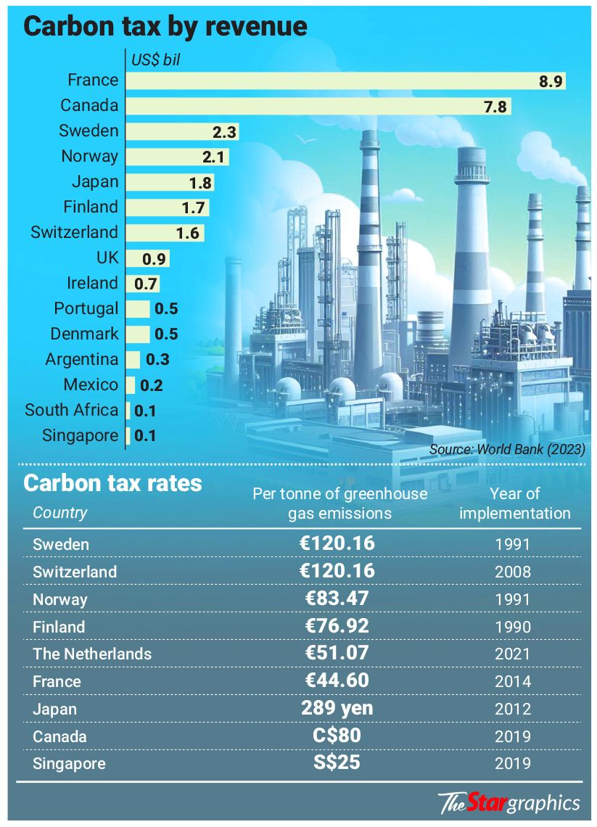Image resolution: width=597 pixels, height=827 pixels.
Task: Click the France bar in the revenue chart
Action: pyautogui.click(x=345, y=81)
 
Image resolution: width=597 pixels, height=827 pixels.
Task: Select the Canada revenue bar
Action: pyautogui.click(x=318, y=106)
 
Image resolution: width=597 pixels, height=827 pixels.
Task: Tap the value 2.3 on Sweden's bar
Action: pyautogui.click(x=224, y=132)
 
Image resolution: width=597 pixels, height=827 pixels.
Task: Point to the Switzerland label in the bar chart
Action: pyautogui.click(x=75, y=233)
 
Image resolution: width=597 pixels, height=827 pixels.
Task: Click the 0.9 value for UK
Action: pyautogui.click(x=154, y=258)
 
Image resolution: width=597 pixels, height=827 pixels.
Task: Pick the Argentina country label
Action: pyautogui.click(x=82, y=360)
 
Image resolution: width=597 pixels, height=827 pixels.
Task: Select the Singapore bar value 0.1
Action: pyautogui.click(x=145, y=436)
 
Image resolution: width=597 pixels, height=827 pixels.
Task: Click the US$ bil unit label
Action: pyautogui.click(x=155, y=60)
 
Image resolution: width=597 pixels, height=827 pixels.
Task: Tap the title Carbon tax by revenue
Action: pyautogui.click(x=165, y=26)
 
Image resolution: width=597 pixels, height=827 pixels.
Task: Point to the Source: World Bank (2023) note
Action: pyautogui.click(x=507, y=449)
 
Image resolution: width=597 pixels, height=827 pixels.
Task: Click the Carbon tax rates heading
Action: pyautogui.click(x=113, y=483)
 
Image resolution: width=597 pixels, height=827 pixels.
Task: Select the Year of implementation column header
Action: pyautogui.click(x=515, y=503)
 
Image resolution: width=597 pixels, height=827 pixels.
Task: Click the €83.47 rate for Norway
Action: pyautogui.click(x=337, y=598)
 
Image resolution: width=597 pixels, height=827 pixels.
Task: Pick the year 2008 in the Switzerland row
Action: pyautogui.click(x=513, y=572)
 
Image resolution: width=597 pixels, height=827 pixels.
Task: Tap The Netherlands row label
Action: pyautogui.click(x=92, y=654)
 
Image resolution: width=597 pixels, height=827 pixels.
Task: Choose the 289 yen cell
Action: pyautogui.click(x=337, y=708)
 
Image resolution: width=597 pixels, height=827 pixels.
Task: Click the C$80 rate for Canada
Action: pyautogui.click(x=337, y=736)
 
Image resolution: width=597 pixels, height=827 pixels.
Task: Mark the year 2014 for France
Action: pyautogui.click(x=513, y=681)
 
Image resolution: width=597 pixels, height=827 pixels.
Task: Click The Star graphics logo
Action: pyautogui.click(x=509, y=803)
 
